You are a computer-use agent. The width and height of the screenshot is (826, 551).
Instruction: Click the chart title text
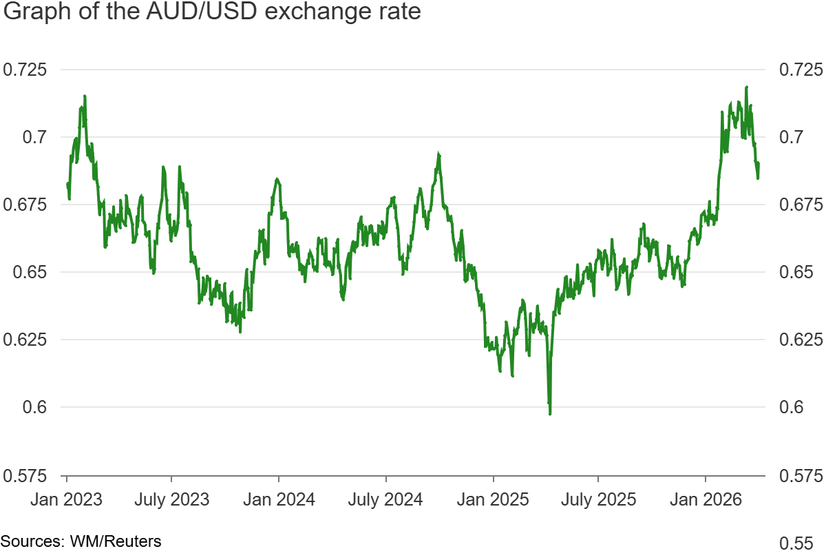tap(211, 13)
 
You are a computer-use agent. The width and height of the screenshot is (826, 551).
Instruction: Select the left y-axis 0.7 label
tap(32, 137)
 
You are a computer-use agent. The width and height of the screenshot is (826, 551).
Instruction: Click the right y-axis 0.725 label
tap(798, 70)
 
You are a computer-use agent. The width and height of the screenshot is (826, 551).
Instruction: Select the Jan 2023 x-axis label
tap(66, 499)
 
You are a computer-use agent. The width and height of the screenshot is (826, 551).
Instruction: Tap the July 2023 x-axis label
tap(171, 499)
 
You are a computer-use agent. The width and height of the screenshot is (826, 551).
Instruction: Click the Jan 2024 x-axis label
tap(279, 499)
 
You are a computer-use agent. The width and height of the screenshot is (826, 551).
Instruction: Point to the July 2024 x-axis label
tap(385, 499)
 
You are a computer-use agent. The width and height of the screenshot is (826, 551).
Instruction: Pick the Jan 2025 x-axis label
tap(494, 499)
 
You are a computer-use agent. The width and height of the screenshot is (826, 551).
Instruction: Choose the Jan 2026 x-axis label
tap(706, 499)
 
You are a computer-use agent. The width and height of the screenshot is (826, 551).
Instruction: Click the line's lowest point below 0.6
tap(550, 413)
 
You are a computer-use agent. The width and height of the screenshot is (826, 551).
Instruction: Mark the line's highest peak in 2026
tap(747, 87)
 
